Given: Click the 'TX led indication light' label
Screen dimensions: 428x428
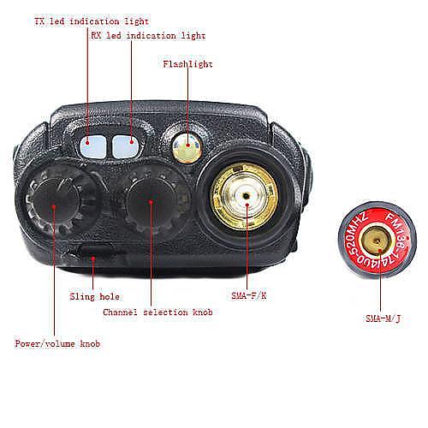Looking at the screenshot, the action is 92,21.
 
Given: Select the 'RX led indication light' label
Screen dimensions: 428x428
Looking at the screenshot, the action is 148,36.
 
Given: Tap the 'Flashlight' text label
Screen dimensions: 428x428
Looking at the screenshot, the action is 187,64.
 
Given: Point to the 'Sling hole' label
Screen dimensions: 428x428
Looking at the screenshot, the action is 94,296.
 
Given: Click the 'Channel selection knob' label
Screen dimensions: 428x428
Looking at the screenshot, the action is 158,312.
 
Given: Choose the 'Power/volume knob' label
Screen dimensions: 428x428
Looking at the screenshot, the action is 57,343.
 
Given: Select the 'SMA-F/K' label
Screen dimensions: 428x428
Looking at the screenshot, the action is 249,295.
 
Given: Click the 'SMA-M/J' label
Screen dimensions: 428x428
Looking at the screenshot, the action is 383,318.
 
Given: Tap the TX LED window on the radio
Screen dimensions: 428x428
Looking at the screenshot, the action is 92,146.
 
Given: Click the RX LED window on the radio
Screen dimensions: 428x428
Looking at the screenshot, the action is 125,146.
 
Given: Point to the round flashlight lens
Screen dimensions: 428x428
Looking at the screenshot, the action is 187,148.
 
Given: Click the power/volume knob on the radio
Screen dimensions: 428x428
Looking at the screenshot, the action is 56,202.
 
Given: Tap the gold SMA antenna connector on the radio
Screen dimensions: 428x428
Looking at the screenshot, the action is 244,196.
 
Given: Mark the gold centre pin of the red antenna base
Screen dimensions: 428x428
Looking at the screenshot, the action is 377,241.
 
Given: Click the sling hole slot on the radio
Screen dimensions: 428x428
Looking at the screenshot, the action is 94,251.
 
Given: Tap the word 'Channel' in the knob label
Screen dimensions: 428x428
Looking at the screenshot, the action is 120,312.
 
